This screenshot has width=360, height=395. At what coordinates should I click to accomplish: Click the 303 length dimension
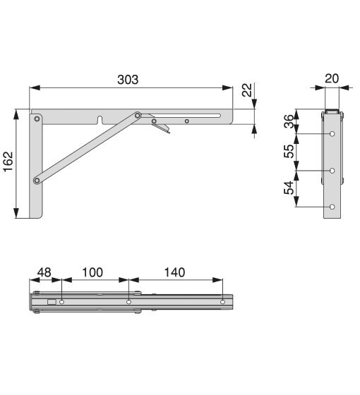128,80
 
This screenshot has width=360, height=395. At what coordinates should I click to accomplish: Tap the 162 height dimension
8,162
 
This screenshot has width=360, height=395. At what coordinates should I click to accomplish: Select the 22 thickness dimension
247,90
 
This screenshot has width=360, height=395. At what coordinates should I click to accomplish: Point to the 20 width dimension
332,79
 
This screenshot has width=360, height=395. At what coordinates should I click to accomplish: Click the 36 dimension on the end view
289,121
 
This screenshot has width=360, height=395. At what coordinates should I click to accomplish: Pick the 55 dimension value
289,151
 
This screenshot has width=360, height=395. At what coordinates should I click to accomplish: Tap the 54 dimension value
289,188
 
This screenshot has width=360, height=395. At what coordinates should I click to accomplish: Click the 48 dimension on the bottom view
44,272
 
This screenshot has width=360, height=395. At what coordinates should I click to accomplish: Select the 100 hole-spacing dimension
92,272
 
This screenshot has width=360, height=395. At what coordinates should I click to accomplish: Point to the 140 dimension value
175,272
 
